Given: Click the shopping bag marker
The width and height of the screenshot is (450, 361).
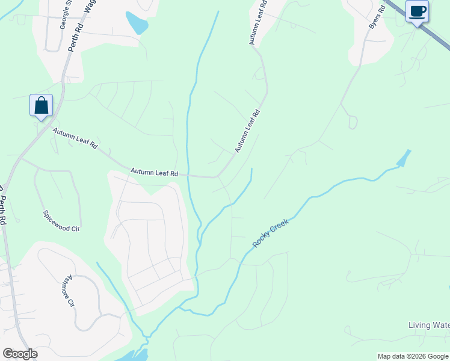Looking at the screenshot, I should pos(41,105).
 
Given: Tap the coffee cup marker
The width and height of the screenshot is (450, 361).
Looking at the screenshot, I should pos(417,11).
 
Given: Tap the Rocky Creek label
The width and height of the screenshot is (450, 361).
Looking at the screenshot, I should pos(271,233).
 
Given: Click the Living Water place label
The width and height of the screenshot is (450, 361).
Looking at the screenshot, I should pos(429,326).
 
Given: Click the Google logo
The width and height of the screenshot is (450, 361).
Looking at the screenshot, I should pos(20,354).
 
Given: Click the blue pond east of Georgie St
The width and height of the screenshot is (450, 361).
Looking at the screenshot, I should pos(137,23).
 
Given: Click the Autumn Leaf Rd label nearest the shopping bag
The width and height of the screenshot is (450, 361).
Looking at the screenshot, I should pos(75,138).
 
